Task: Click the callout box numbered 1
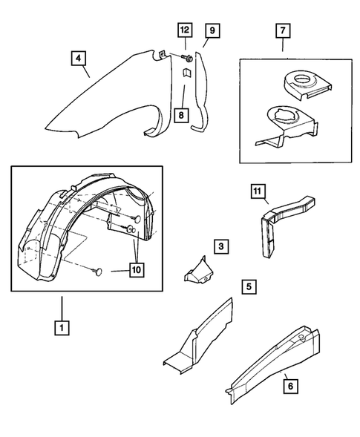pos(62,326)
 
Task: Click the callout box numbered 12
pos(183,30)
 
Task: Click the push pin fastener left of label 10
pos(99,272)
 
